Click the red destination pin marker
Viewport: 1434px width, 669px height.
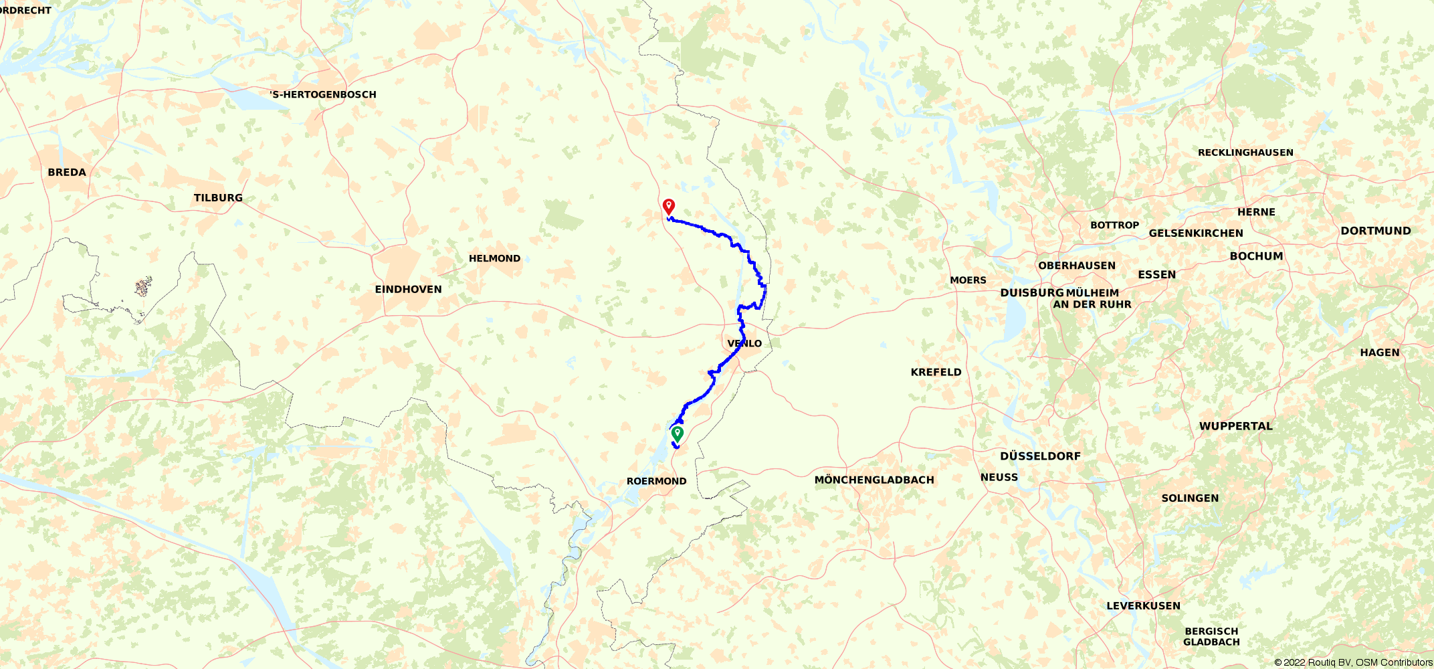(668, 206)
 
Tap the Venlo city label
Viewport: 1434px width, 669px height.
(744, 343)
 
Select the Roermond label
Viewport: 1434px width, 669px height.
(656, 481)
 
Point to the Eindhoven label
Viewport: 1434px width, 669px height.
(408, 289)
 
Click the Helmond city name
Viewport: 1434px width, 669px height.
(494, 258)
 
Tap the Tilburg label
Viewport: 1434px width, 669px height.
(218, 198)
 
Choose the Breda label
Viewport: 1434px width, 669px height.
(67, 172)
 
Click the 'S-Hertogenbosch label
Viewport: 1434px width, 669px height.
(323, 94)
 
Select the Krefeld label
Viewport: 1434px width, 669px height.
(936, 372)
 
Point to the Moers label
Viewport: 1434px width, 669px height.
(968, 280)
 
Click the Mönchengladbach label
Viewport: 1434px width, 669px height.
(874, 480)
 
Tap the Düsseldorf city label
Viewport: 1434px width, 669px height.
(1040, 456)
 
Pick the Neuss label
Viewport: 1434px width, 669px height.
(999, 477)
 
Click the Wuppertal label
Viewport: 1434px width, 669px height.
(1235, 426)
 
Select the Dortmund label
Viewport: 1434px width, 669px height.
(1375, 231)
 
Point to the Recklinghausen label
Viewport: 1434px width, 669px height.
(1245, 153)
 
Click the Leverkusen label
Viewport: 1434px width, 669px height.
(1143, 606)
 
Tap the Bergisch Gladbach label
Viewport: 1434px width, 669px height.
(1211, 636)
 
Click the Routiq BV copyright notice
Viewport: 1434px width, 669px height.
(1353, 662)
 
